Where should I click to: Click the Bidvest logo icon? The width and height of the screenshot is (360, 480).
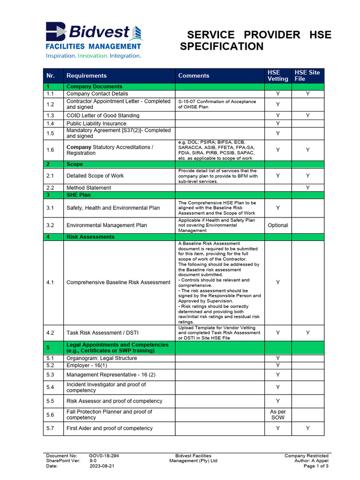pos(56,32)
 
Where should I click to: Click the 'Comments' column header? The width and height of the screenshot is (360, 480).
pos(194,75)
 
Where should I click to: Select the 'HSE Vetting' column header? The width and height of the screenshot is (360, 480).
pos(277,75)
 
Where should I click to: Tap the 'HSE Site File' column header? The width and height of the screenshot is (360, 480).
pos(307,75)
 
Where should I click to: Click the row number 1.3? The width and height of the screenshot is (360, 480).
pos(51,115)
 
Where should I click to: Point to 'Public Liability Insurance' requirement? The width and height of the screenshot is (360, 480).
pos(96,124)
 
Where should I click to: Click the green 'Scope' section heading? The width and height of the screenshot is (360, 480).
pos(75,165)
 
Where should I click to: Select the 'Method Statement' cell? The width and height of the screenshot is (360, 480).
pos(89,187)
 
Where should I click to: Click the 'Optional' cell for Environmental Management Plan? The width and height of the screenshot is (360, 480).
pos(277,225)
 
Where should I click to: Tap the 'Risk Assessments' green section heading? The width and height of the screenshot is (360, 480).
pos(90,237)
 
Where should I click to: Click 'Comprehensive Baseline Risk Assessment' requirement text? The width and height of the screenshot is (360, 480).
pos(118,282)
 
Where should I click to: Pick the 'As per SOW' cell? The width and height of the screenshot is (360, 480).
pos(277,414)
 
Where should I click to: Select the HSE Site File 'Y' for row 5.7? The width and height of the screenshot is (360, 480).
pos(307,428)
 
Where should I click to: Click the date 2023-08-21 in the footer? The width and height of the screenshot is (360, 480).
pos(102,466)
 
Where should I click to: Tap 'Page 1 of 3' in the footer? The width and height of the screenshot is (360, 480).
pos(316,466)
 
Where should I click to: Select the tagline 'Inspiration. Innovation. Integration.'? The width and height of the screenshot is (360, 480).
pos(93,56)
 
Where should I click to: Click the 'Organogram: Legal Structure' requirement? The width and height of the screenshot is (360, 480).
pos(102,358)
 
